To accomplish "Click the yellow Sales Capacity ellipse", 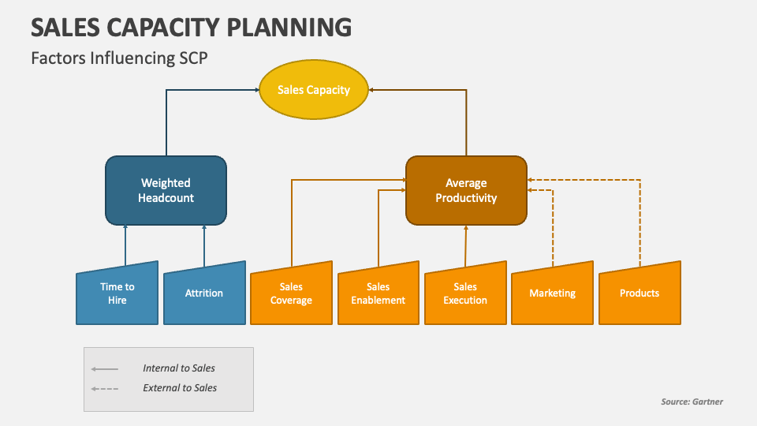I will [314, 90].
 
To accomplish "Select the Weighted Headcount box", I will [166, 190].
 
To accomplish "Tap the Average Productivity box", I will [466, 190].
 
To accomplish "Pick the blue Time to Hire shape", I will [117, 293].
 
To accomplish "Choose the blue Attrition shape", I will [204, 293].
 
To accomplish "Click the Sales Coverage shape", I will [291, 293].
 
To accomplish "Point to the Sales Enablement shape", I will [378, 293].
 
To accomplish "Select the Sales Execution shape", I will [465, 293].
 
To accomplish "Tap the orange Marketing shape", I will [552, 293].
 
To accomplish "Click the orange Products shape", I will [640, 293].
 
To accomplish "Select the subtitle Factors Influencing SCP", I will [119, 58].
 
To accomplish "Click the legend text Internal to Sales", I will [179, 368].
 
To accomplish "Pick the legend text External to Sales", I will [180, 388].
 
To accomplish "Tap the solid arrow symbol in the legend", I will [104, 368].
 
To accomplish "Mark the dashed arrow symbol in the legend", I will [104, 388].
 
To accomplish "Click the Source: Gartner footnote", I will [692, 402].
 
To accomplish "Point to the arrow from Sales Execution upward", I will [466, 246].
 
